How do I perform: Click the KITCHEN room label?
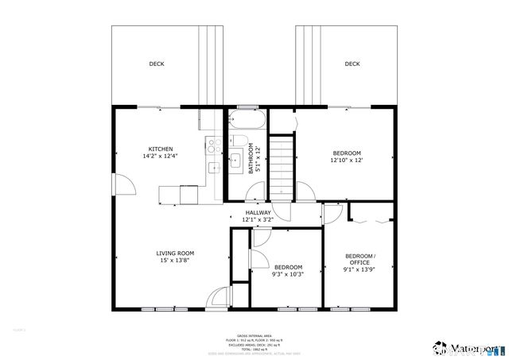(160, 149)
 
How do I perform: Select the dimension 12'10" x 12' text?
(346, 161)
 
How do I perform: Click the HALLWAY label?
(257, 213)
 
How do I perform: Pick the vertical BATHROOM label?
(250, 158)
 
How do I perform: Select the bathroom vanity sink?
(235, 161)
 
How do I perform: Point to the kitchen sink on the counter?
(213, 168)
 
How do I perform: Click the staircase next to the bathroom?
(281, 168)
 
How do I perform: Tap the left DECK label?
(157, 64)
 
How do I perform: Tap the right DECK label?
(352, 64)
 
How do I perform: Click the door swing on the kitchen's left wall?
(123, 186)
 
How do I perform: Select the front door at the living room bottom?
(216, 299)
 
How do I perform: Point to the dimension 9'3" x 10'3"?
(287, 274)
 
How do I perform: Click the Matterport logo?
(468, 348)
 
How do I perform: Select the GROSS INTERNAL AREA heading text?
(254, 337)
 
